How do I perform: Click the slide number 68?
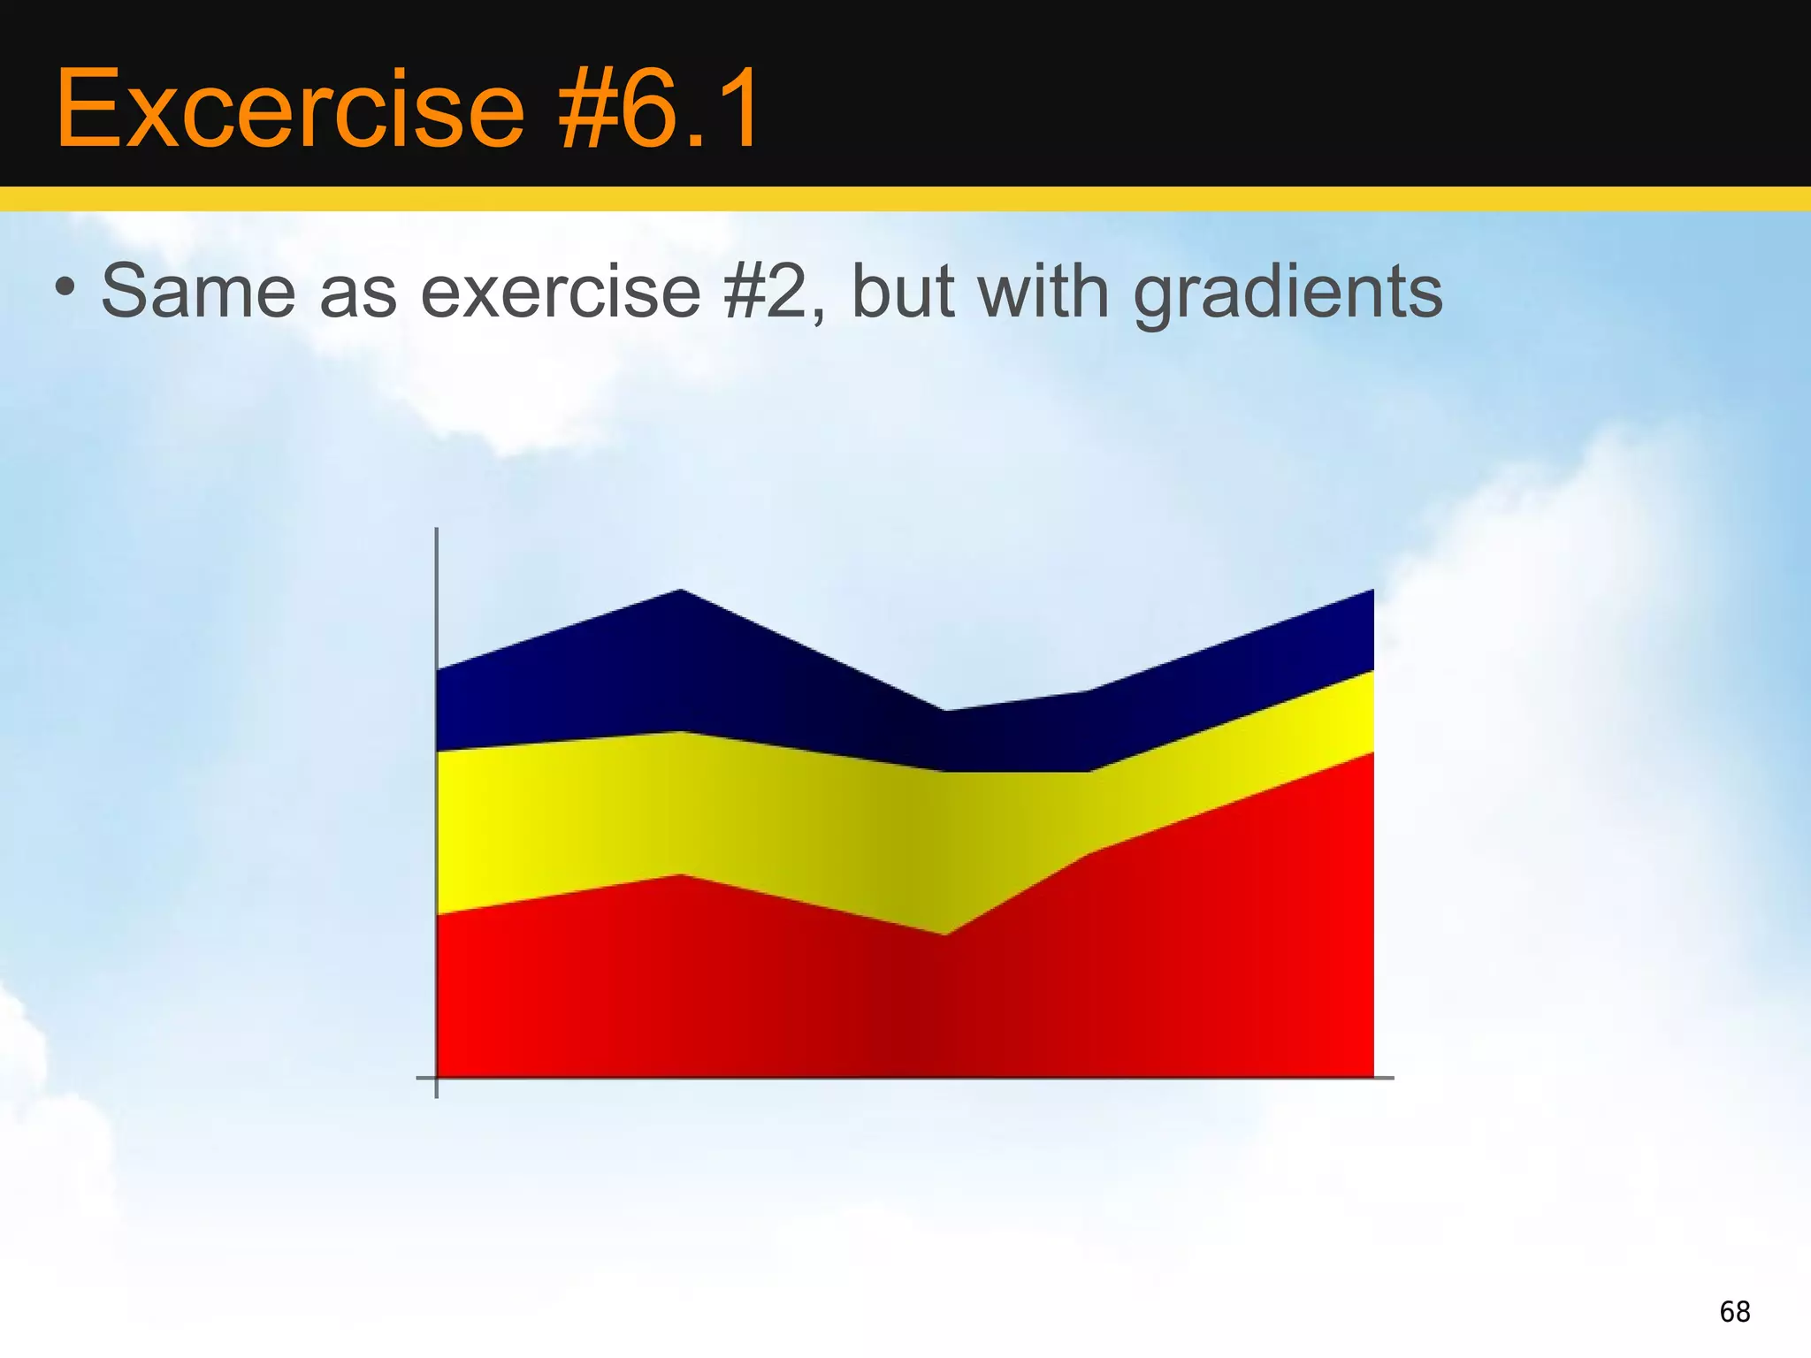(x=1734, y=1311)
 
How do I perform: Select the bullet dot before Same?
(x=64, y=287)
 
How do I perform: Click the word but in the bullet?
(x=902, y=292)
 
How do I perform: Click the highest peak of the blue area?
(x=681, y=590)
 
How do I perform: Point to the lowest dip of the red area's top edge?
(x=945, y=935)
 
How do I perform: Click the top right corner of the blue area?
(x=1372, y=591)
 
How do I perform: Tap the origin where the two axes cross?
(x=437, y=1078)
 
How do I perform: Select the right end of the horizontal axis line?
(x=1392, y=1078)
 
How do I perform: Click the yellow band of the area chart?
(x=707, y=805)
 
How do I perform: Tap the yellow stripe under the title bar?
(x=905, y=200)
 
